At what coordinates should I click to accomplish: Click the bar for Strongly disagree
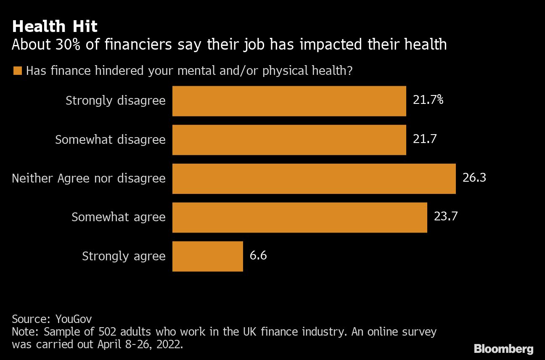click(289, 101)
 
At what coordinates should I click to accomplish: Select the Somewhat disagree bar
click(289, 140)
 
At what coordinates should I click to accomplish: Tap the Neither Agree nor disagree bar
click(314, 178)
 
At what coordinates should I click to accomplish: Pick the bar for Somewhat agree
click(299, 217)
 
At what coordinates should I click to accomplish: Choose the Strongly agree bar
click(207, 256)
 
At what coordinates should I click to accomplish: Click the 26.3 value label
click(474, 178)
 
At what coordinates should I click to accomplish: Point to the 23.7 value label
click(445, 217)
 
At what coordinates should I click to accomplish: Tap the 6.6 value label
click(258, 255)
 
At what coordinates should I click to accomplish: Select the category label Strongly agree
click(124, 256)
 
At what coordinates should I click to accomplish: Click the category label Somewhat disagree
click(110, 140)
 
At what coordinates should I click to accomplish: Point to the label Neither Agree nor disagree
click(89, 178)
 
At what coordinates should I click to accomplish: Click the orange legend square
click(17, 71)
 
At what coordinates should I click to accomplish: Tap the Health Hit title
click(55, 27)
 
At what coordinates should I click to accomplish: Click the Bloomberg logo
click(503, 349)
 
